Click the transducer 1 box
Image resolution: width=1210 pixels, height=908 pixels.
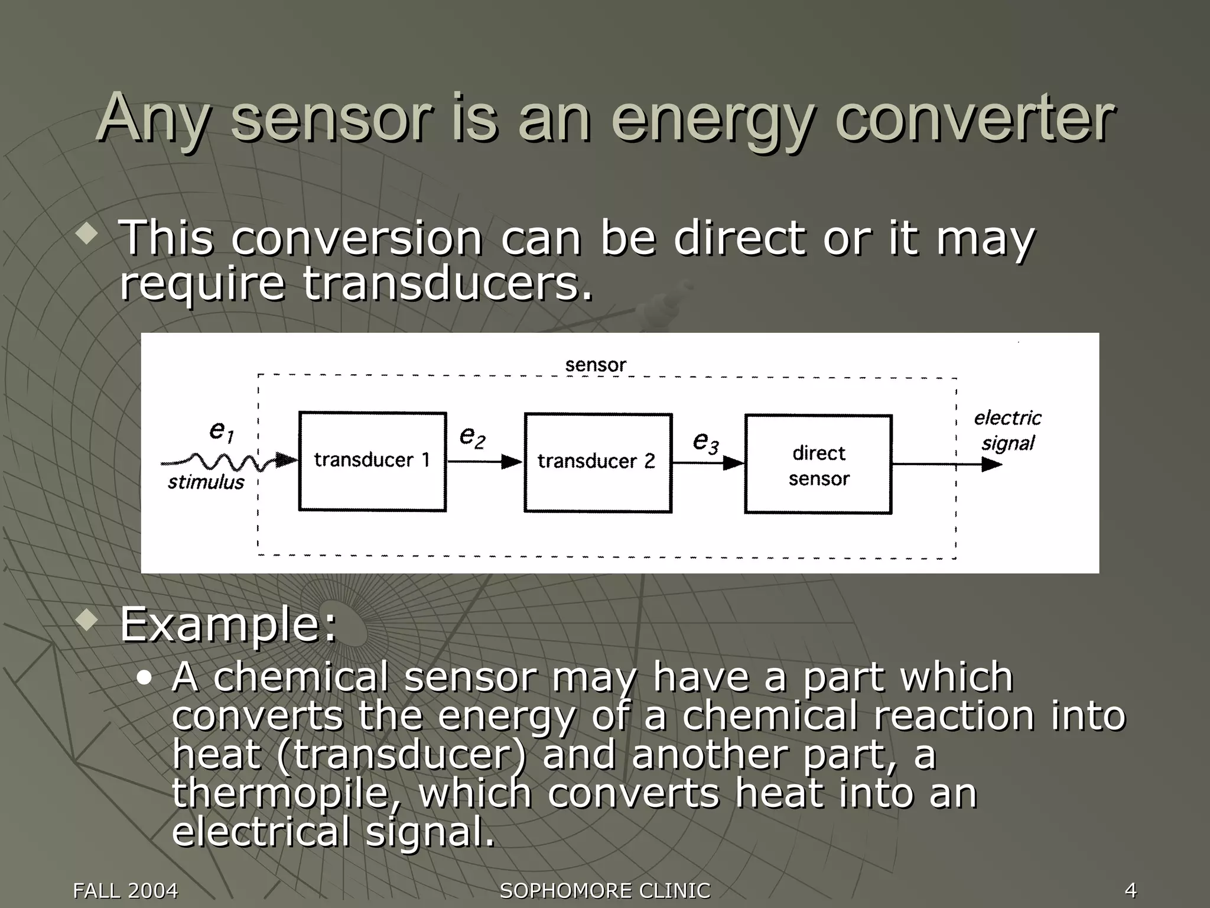372,461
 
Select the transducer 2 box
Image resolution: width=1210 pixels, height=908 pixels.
597,462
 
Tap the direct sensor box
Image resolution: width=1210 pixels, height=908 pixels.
818,465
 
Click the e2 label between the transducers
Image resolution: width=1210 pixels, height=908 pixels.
472,437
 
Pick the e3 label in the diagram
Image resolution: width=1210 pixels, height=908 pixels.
705,442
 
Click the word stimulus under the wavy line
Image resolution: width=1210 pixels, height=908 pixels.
206,482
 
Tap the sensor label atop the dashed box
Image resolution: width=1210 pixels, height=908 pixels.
595,365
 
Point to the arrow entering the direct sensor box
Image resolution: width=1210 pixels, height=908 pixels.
708,463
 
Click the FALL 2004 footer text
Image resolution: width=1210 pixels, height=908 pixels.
125,890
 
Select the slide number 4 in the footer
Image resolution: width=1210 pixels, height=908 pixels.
1130,890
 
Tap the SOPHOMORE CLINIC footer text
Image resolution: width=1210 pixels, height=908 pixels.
605,890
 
